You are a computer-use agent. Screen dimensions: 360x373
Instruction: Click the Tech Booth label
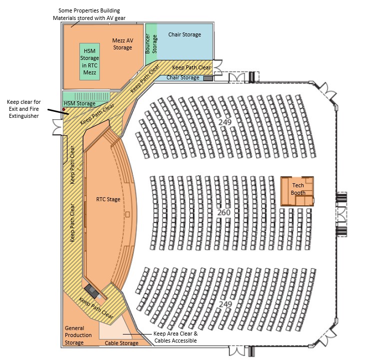click(x=298, y=189)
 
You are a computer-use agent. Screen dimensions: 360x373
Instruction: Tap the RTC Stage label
click(x=108, y=199)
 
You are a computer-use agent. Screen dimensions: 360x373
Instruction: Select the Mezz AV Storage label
click(x=122, y=44)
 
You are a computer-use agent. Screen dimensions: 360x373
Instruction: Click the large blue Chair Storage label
click(x=184, y=34)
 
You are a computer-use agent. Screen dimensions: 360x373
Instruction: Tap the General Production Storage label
click(x=78, y=335)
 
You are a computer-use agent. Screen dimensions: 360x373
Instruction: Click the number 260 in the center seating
click(x=224, y=213)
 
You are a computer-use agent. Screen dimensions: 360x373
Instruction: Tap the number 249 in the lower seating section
click(x=226, y=304)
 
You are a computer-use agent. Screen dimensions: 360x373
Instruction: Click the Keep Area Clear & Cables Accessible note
click(x=175, y=337)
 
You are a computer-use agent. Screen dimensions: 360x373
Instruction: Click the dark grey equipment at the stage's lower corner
click(x=92, y=290)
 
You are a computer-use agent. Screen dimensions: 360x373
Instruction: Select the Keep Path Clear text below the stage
click(x=96, y=309)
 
